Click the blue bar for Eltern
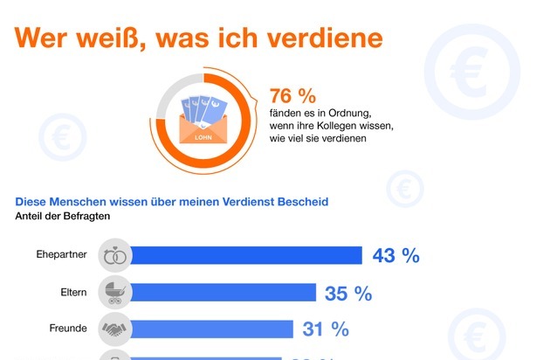tap(222, 293)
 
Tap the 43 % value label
tap(395, 256)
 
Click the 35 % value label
tap(348, 294)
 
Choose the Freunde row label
tap(67, 329)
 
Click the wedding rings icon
tap(114, 256)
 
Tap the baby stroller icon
tap(114, 293)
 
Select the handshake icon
tap(114, 329)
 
